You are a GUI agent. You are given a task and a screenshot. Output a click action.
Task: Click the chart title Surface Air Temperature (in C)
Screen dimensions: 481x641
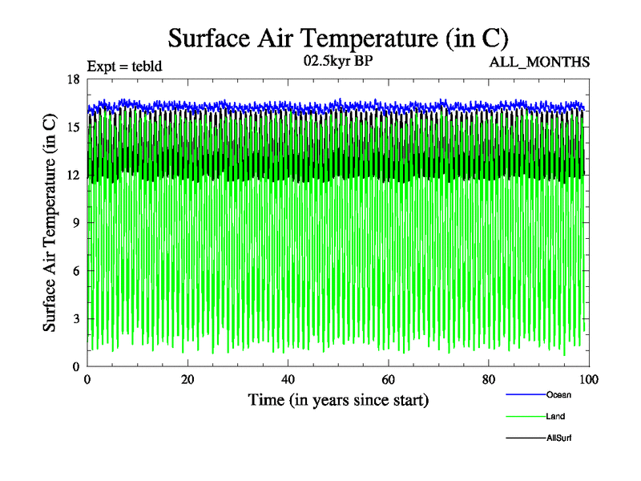pyautogui.click(x=337, y=37)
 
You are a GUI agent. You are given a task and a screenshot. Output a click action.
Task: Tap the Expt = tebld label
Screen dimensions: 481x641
pyautogui.click(x=124, y=67)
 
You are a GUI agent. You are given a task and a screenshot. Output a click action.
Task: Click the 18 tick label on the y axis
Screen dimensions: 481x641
pyautogui.click(x=74, y=79)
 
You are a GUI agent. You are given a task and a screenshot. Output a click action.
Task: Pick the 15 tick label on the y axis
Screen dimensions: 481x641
pyautogui.click(x=74, y=127)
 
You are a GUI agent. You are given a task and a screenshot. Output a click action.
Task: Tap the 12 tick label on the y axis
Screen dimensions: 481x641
pyautogui.click(x=74, y=175)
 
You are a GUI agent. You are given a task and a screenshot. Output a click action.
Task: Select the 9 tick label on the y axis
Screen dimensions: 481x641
pyautogui.click(x=76, y=223)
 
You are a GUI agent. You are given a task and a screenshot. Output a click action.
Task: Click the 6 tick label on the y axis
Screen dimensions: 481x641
pyautogui.click(x=76, y=271)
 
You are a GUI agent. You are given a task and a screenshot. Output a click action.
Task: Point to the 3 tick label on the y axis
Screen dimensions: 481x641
pyautogui.click(x=76, y=319)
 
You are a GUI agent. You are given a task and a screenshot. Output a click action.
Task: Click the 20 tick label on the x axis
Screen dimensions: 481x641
pyautogui.click(x=187, y=380)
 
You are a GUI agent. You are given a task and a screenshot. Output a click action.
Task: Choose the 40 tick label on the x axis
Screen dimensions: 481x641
pyautogui.click(x=288, y=380)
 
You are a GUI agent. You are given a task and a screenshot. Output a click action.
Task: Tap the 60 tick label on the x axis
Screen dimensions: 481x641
pyautogui.click(x=388, y=380)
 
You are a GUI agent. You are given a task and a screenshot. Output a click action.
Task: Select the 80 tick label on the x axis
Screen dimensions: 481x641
pyautogui.click(x=488, y=380)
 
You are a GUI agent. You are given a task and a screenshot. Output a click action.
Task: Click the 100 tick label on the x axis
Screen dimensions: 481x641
pyautogui.click(x=588, y=380)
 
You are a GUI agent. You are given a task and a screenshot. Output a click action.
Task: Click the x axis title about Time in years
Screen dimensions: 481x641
pyautogui.click(x=337, y=399)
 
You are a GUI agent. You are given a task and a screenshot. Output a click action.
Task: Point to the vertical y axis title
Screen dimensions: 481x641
pyautogui.click(x=50, y=223)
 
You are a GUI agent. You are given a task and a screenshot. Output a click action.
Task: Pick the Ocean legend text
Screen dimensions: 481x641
pyautogui.click(x=558, y=394)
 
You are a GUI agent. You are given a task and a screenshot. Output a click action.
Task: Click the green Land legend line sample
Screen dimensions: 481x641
pyautogui.click(x=525, y=417)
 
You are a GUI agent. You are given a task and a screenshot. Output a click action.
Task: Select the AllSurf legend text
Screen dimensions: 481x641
pyautogui.click(x=559, y=439)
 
